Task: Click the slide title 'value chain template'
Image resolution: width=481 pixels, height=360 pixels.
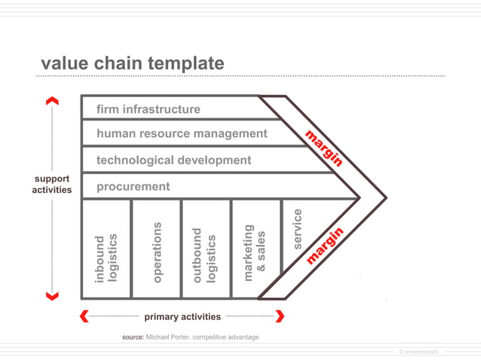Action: (x=132, y=64)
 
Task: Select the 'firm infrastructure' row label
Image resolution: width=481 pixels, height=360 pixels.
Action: (x=149, y=109)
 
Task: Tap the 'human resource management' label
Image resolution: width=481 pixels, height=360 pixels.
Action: (x=182, y=133)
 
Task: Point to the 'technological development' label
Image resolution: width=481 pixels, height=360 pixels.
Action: (x=173, y=160)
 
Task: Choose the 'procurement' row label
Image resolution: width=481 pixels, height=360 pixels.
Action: (x=133, y=186)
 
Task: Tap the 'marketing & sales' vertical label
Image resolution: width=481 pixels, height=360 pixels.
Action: (x=255, y=253)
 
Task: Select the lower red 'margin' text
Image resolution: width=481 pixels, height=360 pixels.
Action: (x=325, y=246)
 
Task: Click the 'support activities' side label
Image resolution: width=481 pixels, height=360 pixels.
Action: (x=51, y=185)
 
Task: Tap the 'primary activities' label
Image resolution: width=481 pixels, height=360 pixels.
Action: (x=182, y=317)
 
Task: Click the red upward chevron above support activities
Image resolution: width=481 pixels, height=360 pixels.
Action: (x=52, y=100)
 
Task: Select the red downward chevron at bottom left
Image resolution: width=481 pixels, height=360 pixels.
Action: (x=52, y=297)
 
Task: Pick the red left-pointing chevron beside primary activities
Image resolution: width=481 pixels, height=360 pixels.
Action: (x=84, y=316)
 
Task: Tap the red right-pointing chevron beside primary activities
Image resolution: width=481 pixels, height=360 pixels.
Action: (x=280, y=316)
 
